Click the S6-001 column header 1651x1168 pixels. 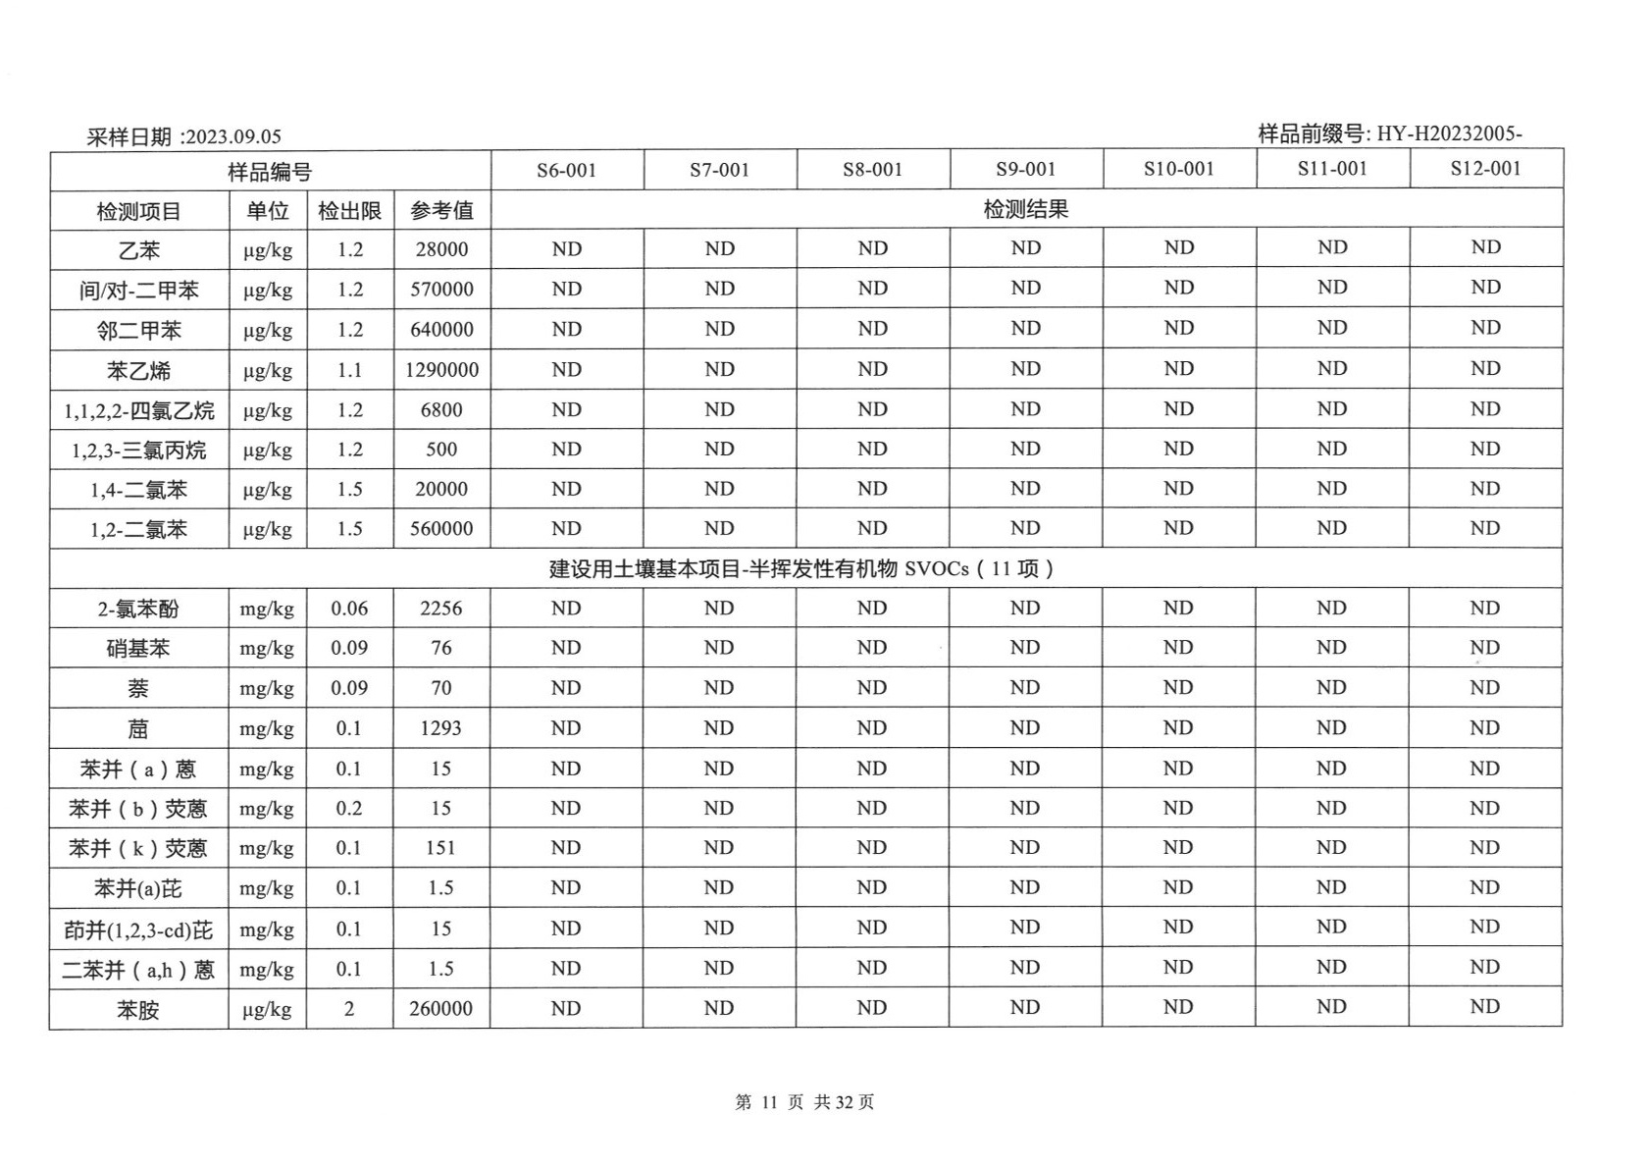(566, 170)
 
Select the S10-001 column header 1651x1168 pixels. (1178, 169)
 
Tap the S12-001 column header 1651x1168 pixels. (1485, 168)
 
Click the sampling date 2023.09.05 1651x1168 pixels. (233, 136)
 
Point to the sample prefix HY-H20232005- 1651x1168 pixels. (1449, 133)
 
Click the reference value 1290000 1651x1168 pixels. (441, 370)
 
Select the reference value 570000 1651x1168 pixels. (441, 290)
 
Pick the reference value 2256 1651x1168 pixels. (440, 609)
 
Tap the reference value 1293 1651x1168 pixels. (440, 728)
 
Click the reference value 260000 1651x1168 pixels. (440, 1008)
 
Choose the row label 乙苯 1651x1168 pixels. (138, 250)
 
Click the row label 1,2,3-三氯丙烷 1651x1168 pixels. (138, 451)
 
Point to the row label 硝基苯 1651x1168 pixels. (138, 649)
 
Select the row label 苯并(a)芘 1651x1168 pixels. (138, 889)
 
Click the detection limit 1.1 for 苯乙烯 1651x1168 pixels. (349, 370)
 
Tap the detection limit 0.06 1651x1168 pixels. (349, 609)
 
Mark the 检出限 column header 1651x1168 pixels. (349, 210)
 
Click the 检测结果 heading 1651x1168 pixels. (1025, 209)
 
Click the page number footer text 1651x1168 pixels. (804, 1102)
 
